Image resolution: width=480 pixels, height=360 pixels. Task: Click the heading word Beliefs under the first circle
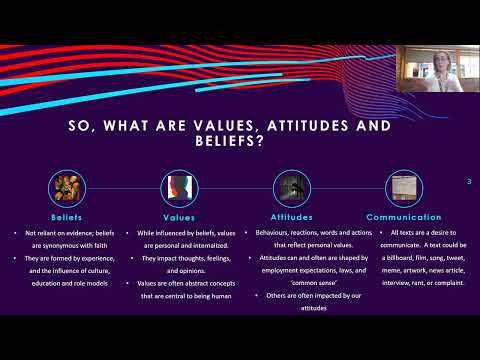pos(67,216)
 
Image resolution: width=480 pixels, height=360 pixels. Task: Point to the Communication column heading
pos(403,216)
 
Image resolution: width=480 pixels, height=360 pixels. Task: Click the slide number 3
pos(470,181)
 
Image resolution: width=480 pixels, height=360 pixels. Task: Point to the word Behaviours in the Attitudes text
pos(270,231)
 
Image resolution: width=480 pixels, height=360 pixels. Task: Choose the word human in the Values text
pos(212,295)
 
